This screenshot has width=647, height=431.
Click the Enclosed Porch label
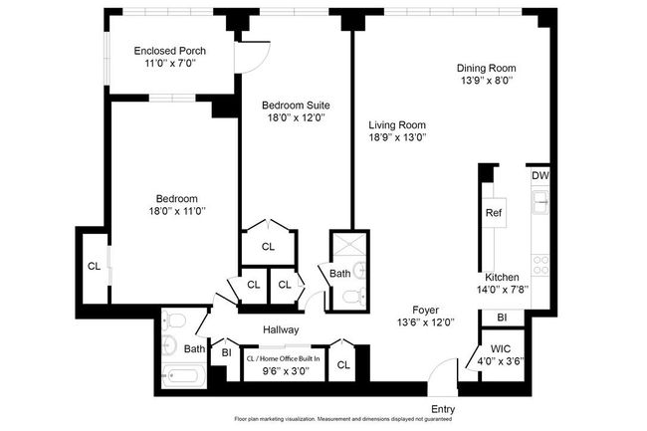pos(169,51)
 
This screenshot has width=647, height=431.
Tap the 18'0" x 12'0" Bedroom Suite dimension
pos(297,118)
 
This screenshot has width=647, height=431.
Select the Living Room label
pos(397,125)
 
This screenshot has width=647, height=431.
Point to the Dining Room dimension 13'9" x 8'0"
pos(487,80)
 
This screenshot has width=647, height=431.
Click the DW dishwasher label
pos(540,176)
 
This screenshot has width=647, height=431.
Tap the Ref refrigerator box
pos(494,213)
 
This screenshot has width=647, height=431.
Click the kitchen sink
pos(540,202)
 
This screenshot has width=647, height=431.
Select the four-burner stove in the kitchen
pos(540,265)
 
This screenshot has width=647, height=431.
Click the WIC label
pos(501,349)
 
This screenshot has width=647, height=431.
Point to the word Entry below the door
pos(443,409)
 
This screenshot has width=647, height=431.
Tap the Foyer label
pos(425,310)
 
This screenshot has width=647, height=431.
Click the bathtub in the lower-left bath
pos(183,376)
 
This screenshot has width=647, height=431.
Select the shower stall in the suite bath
pos(349,245)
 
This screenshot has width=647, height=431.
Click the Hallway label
pos(281,329)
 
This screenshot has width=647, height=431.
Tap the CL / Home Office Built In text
pos(283,358)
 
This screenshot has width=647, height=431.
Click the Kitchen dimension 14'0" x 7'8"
pos(503,290)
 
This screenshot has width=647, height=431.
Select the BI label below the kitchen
pos(502,318)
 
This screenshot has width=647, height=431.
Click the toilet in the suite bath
pos(353,296)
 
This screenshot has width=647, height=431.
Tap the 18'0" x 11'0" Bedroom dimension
pos(177,211)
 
